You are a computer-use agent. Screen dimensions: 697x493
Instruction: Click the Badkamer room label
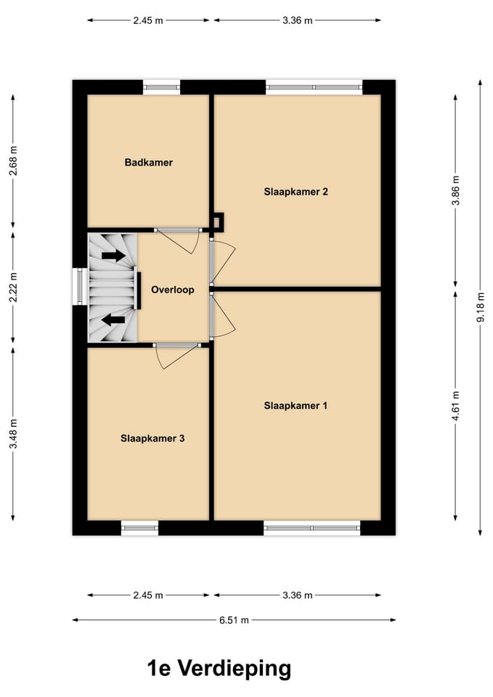pyautogui.click(x=148, y=163)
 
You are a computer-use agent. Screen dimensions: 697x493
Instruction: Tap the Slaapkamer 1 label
pyautogui.click(x=296, y=406)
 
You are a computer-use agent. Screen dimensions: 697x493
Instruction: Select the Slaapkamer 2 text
pyautogui.click(x=296, y=192)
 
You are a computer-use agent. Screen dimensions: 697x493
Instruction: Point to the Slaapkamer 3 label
pyautogui.click(x=152, y=439)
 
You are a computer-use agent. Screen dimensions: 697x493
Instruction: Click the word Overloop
pyautogui.click(x=172, y=290)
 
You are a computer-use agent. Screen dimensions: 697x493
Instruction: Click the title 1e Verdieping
pyautogui.click(x=219, y=668)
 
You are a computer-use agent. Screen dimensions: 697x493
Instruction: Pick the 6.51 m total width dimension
pyautogui.click(x=234, y=620)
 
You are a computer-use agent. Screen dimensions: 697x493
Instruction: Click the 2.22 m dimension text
pyautogui.click(x=13, y=287)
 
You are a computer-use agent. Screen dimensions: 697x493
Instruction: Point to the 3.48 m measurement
pyautogui.click(x=13, y=433)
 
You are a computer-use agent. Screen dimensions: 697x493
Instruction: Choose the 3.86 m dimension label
pyautogui.click(x=455, y=192)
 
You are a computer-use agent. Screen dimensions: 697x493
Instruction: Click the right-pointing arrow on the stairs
pyautogui.click(x=113, y=256)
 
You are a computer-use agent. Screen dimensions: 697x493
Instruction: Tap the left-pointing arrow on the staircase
pyautogui.click(x=113, y=319)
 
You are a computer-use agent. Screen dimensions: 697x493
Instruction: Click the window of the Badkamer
pyautogui.click(x=161, y=88)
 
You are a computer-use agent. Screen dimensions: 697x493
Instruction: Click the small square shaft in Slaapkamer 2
pyautogui.click(x=218, y=221)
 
